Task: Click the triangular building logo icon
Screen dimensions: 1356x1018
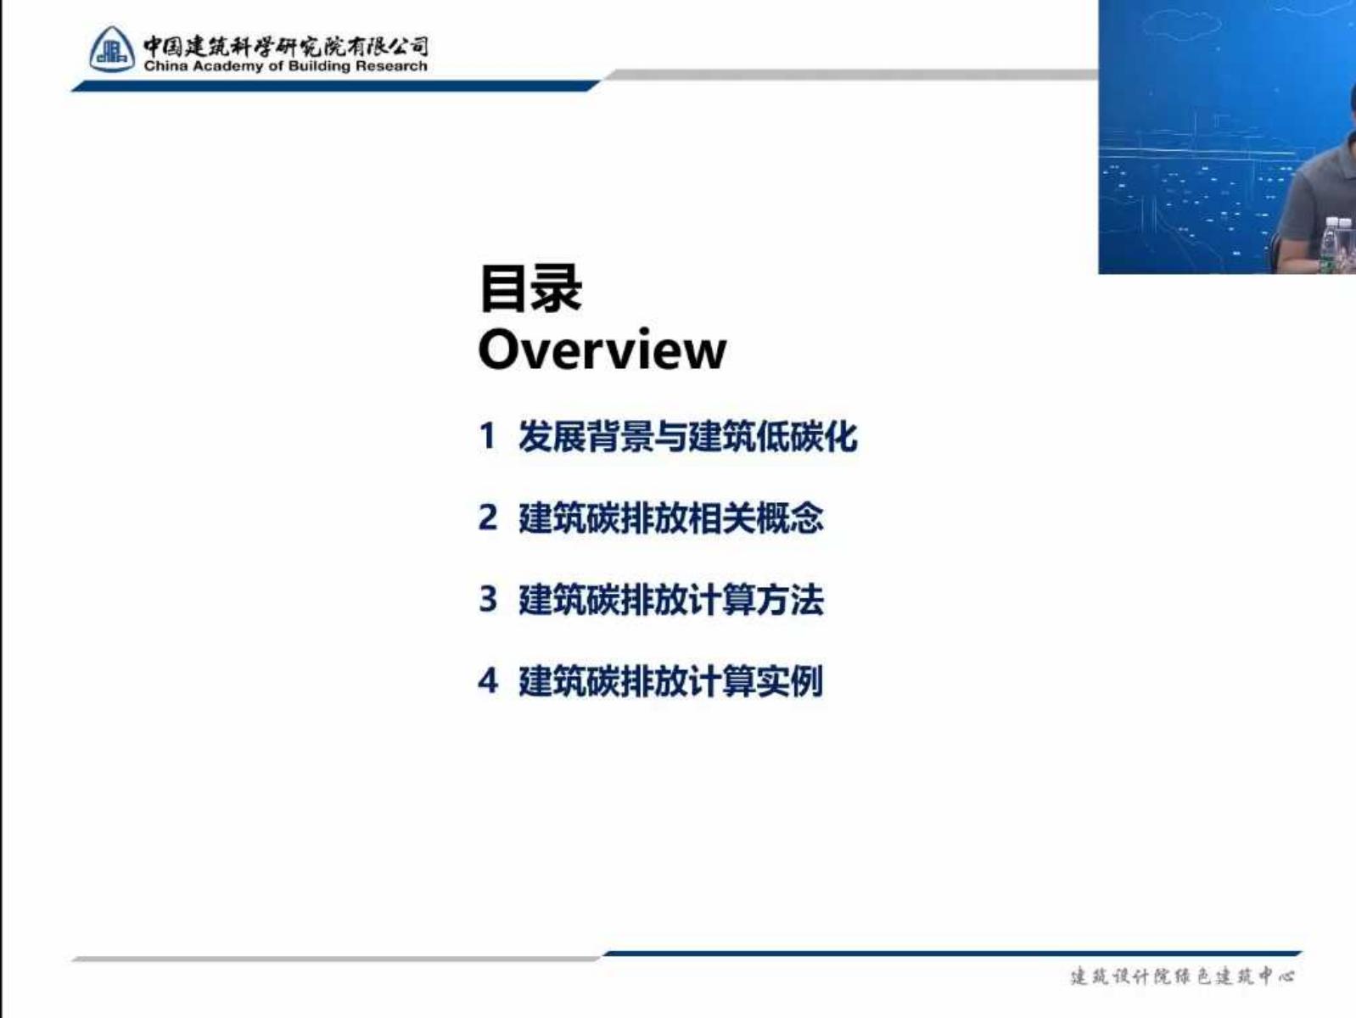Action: click(x=112, y=49)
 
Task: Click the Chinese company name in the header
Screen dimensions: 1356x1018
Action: click(x=285, y=47)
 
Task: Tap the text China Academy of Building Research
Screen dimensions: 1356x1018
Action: click(x=285, y=66)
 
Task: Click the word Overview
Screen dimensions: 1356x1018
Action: click(x=602, y=350)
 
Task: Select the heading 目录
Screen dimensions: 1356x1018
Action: click(x=530, y=288)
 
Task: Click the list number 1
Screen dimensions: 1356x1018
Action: click(x=487, y=436)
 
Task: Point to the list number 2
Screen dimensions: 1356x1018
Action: click(x=488, y=517)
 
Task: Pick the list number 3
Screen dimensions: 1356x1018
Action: click(x=488, y=599)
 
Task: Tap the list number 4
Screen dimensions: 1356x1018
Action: click(x=488, y=680)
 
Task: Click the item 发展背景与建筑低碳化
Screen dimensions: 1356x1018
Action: click(x=687, y=436)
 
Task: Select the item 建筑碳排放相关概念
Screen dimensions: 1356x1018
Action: click(x=671, y=518)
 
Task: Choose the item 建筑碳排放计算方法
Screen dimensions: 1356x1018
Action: click(x=671, y=600)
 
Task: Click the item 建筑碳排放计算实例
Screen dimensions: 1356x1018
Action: click(x=671, y=681)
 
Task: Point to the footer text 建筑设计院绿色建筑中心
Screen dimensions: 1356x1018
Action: click(x=1182, y=976)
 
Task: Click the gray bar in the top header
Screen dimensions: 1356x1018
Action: click(x=850, y=75)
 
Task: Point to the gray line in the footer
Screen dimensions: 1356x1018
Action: click(x=337, y=959)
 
